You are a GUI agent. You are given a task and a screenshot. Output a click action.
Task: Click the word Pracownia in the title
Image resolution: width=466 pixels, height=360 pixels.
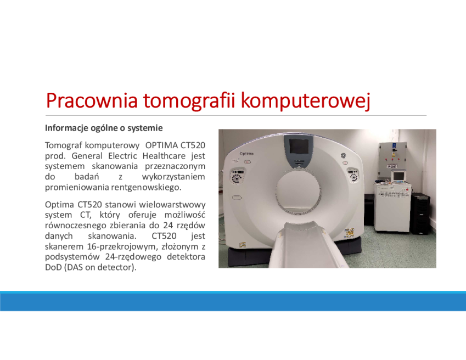tap(92, 100)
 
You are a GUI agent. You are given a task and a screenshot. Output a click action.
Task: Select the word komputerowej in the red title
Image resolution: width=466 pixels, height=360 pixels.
tap(306, 101)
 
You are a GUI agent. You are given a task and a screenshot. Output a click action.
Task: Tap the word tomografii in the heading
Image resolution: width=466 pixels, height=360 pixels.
tap(189, 101)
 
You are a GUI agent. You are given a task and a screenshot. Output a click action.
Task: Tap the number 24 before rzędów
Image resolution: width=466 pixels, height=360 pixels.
tap(168, 225)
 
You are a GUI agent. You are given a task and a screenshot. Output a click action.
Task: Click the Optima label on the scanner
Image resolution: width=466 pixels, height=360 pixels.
tap(246, 154)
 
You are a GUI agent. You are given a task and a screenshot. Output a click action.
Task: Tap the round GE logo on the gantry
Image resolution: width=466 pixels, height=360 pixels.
tap(343, 156)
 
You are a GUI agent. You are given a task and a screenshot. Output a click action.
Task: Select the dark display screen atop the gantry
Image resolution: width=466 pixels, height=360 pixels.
tap(299, 147)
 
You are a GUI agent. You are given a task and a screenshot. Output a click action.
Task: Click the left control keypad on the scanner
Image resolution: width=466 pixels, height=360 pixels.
tap(237, 176)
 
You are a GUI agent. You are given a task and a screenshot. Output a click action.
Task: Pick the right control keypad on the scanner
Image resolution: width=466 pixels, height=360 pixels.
tap(353, 175)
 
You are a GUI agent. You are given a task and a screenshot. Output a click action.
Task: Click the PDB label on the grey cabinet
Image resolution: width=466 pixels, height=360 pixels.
tap(392, 167)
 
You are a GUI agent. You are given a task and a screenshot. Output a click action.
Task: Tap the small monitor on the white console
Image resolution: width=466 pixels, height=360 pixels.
tap(398, 176)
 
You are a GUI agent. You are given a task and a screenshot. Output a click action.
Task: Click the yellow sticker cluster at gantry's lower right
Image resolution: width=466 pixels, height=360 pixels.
tap(350, 233)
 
